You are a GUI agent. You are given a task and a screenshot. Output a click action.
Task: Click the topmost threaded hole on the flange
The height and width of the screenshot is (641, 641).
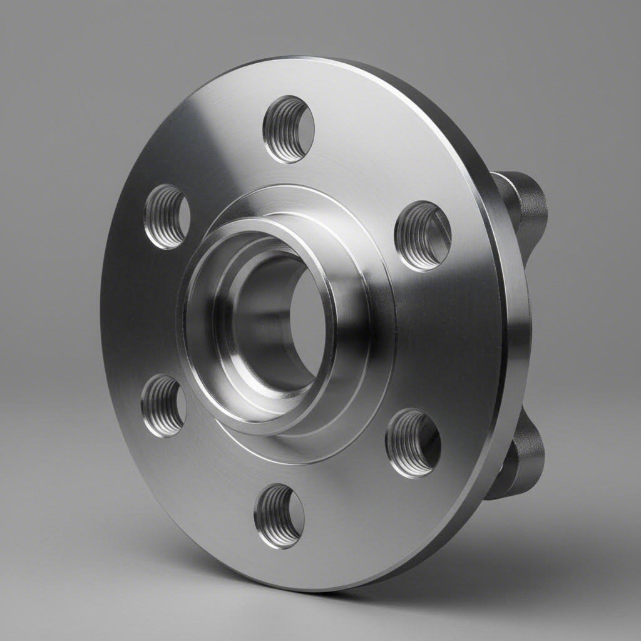288,129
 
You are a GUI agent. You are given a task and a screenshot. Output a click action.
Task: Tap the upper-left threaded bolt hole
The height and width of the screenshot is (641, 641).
167,217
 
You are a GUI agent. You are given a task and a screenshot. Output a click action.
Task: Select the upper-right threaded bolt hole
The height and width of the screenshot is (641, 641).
423,235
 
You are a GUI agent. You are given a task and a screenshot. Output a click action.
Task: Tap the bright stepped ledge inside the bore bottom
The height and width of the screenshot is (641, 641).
275,394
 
